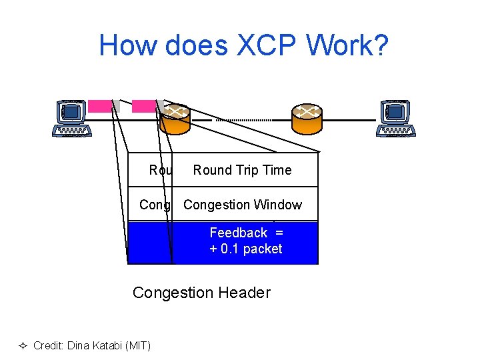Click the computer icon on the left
tap(72, 119)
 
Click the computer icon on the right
tap(396, 119)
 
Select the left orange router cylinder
tap(175, 119)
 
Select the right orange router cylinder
tap(307, 119)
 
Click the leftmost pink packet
tap(101, 105)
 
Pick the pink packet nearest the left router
tap(143, 105)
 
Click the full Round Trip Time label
tap(242, 170)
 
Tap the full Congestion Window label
tap(242, 205)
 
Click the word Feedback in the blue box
tap(238, 233)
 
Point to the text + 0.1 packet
tap(245, 249)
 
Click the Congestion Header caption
tap(201, 292)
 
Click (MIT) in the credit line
tap(136, 345)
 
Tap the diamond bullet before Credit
tap(23, 345)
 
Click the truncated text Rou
tap(160, 170)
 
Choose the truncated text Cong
tap(155, 205)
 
